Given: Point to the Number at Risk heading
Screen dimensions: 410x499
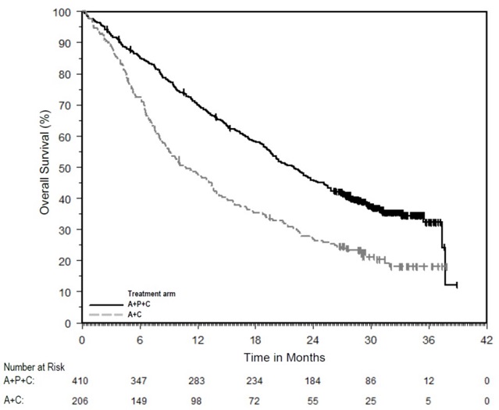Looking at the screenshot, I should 34,365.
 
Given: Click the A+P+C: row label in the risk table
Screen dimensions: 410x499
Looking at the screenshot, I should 23,380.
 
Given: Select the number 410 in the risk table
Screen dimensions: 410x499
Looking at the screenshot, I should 82,380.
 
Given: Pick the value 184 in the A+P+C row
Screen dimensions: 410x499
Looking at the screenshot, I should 313,380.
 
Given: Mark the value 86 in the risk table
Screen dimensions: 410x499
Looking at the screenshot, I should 371,380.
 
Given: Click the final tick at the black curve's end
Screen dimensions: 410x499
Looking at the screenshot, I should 457,285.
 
